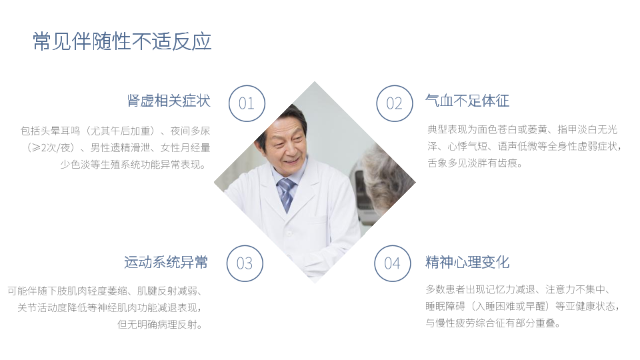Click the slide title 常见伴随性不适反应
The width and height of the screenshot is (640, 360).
click(x=122, y=41)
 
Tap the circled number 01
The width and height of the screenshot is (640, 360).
click(x=247, y=103)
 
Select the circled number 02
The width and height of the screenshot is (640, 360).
click(x=394, y=103)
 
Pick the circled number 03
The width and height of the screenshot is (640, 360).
click(x=245, y=263)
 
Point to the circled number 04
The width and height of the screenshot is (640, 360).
click(x=393, y=263)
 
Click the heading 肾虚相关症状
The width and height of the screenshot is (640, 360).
click(x=169, y=101)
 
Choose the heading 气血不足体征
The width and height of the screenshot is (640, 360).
click(x=467, y=101)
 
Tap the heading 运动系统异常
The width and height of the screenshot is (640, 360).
click(x=166, y=262)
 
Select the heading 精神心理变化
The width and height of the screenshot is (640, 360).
click(x=467, y=262)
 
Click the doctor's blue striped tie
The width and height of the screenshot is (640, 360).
click(x=287, y=194)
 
